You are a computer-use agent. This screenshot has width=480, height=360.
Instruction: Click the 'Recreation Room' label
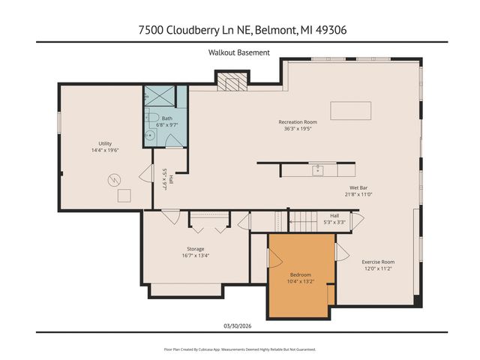[x=298, y=121]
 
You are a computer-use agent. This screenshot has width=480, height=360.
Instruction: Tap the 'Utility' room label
[x=104, y=143]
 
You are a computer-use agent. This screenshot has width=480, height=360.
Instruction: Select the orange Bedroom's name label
[x=300, y=274]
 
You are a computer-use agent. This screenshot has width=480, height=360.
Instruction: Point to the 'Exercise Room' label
[x=378, y=262]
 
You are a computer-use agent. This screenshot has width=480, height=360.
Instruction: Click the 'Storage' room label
[x=195, y=249]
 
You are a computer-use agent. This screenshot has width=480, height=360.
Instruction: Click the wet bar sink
[x=317, y=170]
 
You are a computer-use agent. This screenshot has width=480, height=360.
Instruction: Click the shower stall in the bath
[x=158, y=95]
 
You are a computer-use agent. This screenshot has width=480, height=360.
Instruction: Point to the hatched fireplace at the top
[x=231, y=79]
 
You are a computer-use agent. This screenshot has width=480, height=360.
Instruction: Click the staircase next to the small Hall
[x=304, y=221]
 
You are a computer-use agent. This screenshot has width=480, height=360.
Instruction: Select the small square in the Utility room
[x=124, y=195]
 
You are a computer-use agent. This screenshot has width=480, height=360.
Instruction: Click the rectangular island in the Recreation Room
[x=350, y=110]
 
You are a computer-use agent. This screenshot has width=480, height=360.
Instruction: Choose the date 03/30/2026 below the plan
[x=239, y=325]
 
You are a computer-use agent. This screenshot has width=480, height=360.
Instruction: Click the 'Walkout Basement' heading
[x=239, y=52]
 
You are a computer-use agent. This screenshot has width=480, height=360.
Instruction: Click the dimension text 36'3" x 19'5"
[x=298, y=129]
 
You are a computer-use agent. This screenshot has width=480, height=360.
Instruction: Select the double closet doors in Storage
[x=208, y=218]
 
